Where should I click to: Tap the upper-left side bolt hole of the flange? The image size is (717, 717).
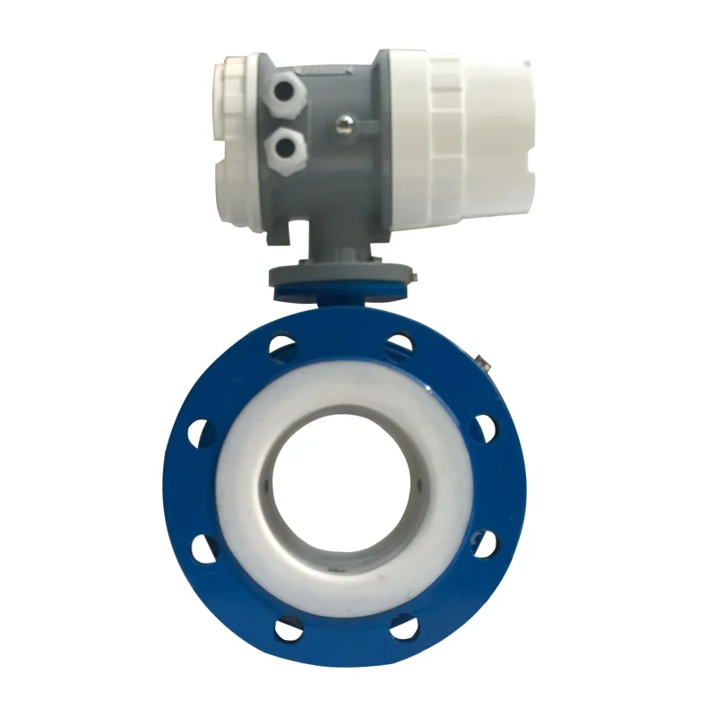199,428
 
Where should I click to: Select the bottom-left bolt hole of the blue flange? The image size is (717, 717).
286,628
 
